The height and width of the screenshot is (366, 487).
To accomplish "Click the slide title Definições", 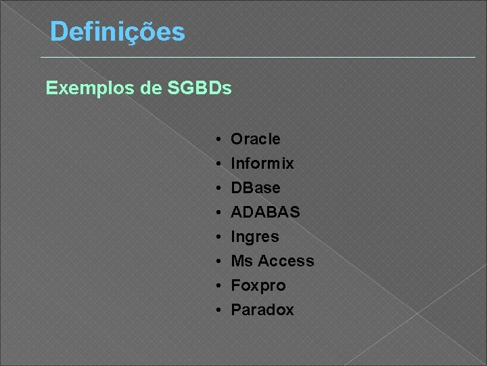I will click(117, 32).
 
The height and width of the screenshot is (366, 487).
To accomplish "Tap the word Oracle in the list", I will click(256, 139).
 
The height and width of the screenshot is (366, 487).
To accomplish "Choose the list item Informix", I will click(262, 163).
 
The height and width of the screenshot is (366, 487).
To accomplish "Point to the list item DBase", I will click(256, 188).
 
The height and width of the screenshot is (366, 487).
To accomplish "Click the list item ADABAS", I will click(265, 212).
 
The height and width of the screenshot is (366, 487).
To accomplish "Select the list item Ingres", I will click(255, 237).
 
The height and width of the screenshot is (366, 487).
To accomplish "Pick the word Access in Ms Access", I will click(286, 261).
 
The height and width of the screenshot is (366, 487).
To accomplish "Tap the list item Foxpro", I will click(258, 285).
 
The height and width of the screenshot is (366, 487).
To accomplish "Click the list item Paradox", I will click(262, 310).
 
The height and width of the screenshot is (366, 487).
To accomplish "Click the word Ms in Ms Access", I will click(241, 261).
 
